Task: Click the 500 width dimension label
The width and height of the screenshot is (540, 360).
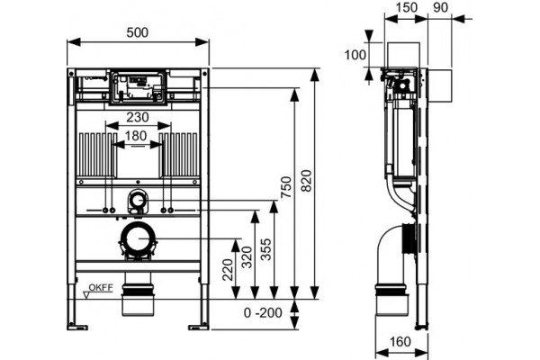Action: click(138, 32)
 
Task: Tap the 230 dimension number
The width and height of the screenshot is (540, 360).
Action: click(138, 117)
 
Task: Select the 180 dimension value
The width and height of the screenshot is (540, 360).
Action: click(136, 136)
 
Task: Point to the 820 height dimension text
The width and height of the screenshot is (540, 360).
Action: click(306, 181)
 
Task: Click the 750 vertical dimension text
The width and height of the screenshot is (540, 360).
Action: click(286, 187)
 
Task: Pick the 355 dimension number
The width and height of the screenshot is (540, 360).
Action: click(265, 249)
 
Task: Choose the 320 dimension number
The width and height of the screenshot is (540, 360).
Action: click(247, 257)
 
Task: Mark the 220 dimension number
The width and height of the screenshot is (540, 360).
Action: click(228, 270)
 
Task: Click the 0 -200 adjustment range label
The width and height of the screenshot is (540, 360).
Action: click(263, 313)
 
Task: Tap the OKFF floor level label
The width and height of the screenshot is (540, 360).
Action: click(101, 287)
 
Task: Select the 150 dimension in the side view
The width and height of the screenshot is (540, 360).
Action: click(407, 7)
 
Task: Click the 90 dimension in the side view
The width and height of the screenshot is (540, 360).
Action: click(440, 7)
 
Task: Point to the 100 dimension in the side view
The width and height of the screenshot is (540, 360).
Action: click(355, 55)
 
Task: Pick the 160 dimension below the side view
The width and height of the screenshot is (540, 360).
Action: click(400, 342)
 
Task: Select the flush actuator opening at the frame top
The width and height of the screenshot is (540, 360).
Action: click(138, 87)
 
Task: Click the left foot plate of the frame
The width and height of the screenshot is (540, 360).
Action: click(77, 326)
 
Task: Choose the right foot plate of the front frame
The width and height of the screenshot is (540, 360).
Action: click(199, 326)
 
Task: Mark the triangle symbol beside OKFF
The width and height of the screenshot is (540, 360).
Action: click(86, 295)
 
